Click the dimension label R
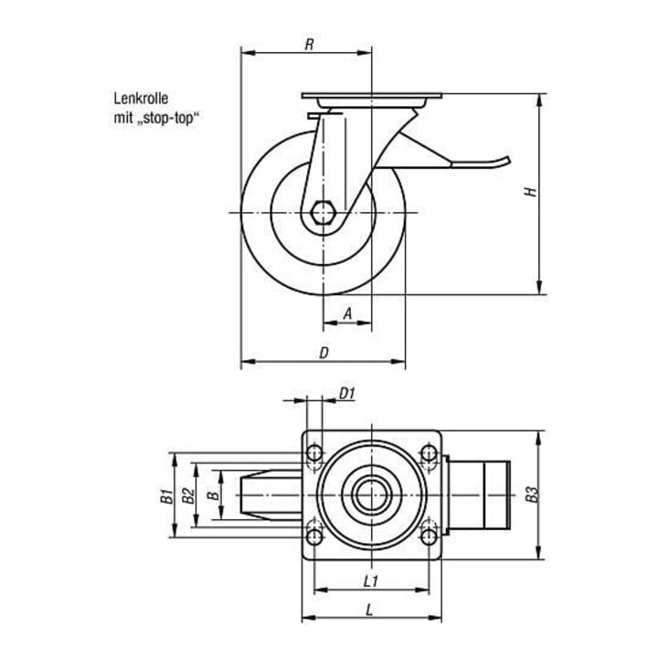[309, 45]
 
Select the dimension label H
[531, 191]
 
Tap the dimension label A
[347, 313]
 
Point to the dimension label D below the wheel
[324, 353]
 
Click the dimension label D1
[347, 394]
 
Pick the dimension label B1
[167, 495]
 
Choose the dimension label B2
[187, 495]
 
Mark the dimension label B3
[531, 494]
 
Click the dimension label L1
[371, 581]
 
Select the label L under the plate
[369, 610]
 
